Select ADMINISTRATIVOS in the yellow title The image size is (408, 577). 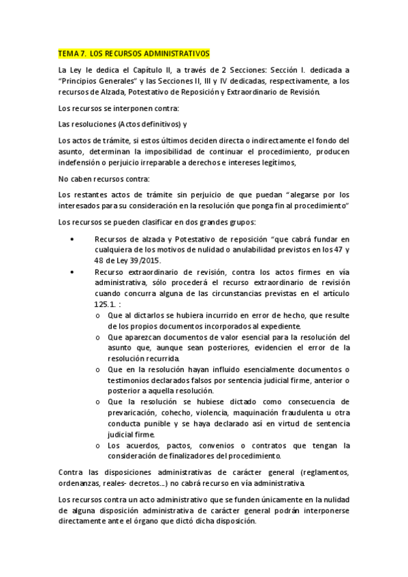tap(173, 53)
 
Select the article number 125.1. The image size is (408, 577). tap(108, 305)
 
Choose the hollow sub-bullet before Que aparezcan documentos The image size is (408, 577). tap(99, 337)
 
